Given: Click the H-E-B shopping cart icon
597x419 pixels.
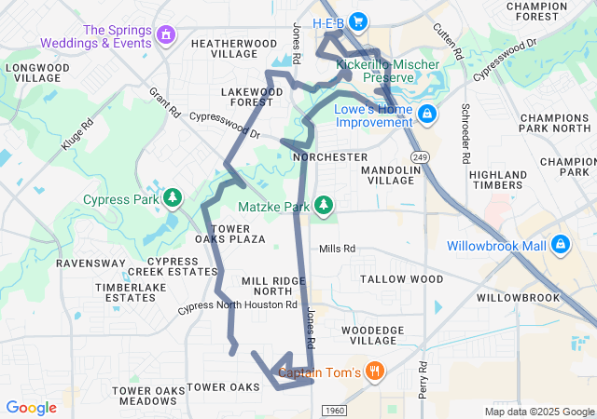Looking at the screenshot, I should point(356,21).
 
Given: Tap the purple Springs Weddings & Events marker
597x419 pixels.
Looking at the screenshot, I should point(166,35).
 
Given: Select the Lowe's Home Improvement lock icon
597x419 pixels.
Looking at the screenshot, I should point(427,115).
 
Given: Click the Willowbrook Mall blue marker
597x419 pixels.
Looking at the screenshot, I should point(561,245).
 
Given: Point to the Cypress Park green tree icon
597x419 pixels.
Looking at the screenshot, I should point(173,198).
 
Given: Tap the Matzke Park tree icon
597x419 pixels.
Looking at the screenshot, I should point(324,205).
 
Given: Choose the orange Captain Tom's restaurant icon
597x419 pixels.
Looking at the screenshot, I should point(375,372).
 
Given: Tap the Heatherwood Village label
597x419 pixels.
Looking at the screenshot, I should point(224,48).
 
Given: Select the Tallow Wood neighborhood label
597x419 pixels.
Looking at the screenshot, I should point(402,279).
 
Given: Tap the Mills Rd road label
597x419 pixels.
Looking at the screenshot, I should point(338,249).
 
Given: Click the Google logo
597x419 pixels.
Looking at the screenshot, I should point(31,408).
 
